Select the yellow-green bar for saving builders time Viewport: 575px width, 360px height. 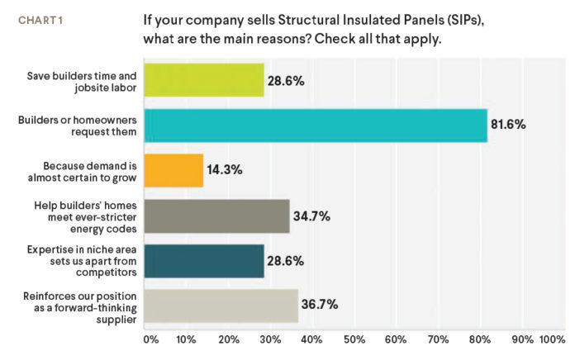[x=204, y=80]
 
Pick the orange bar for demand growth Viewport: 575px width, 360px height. [x=173, y=170]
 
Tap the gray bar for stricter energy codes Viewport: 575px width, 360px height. [x=216, y=216]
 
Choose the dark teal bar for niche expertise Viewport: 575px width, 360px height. [x=204, y=260]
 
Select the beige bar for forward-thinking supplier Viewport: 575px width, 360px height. [x=221, y=306]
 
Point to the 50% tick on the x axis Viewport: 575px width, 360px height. [x=354, y=339]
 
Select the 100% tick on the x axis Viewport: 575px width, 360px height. [x=552, y=339]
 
